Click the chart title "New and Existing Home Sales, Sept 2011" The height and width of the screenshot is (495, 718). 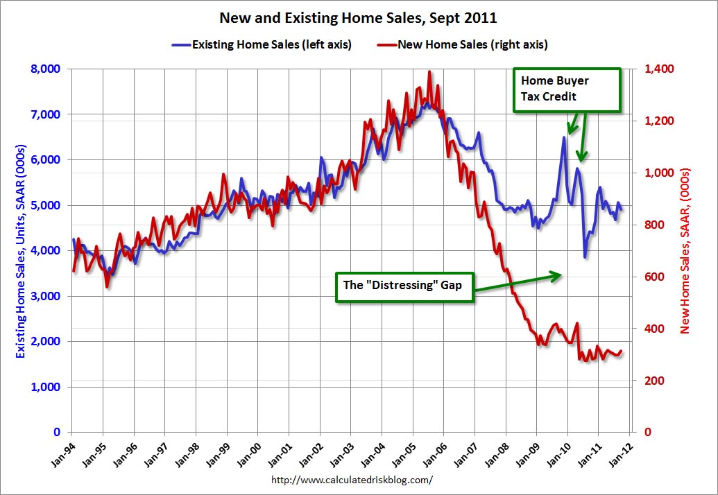[x=359, y=17]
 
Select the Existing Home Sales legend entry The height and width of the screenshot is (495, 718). [x=262, y=45]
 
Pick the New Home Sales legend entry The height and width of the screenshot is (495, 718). [x=463, y=45]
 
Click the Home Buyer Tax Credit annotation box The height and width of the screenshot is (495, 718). [x=566, y=89]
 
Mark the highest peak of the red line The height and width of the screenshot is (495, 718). [x=429, y=71]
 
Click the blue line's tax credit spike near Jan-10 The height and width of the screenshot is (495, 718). [x=564, y=137]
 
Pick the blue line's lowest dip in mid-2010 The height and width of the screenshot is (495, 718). [x=585, y=257]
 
